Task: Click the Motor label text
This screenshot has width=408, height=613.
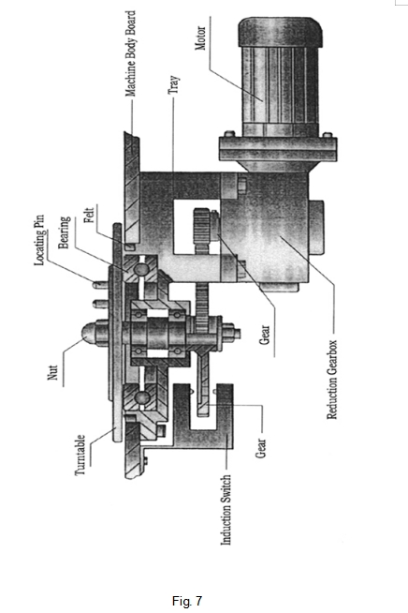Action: tap(200, 37)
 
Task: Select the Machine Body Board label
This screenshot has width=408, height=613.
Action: tap(130, 53)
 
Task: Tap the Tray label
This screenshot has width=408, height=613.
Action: tap(174, 84)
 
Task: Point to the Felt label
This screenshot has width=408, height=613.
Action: tap(90, 215)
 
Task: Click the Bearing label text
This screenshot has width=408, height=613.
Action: tap(64, 232)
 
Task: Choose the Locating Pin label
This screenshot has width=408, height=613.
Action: tap(39, 240)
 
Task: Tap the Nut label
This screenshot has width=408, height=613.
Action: tap(52, 372)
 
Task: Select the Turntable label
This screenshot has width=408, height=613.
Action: tap(80, 455)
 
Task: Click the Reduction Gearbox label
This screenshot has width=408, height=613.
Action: tap(331, 380)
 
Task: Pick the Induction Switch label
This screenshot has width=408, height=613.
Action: tap(226, 510)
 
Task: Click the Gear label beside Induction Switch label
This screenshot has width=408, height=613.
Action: tap(260, 448)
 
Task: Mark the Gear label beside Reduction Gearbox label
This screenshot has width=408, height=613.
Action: tap(264, 335)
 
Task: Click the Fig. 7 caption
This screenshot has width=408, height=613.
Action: tap(187, 601)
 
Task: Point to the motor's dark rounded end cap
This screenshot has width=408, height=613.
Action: tap(281, 31)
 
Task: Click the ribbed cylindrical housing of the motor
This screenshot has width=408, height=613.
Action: tap(281, 85)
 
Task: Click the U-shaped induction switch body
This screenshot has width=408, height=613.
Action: tap(203, 417)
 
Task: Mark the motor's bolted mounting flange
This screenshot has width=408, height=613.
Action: tap(278, 148)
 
